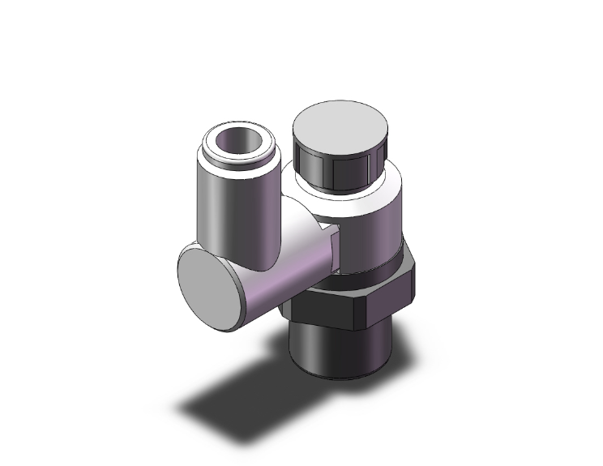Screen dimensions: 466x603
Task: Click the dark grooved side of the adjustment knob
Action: pyautogui.click(x=332, y=166)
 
